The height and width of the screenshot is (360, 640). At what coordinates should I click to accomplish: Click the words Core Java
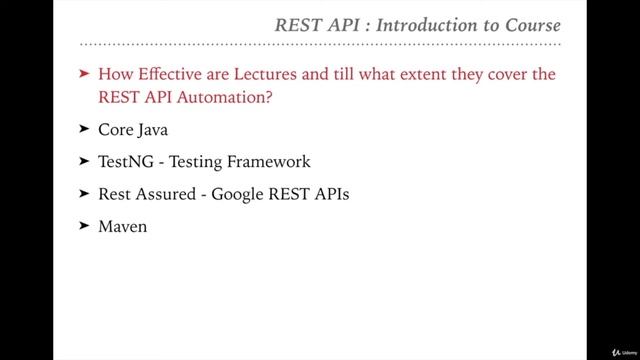(134, 130)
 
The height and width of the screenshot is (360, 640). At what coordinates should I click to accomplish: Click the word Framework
(268, 162)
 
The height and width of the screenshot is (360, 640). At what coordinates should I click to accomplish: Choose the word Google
(240, 194)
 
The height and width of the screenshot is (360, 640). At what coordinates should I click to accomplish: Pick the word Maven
(123, 226)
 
